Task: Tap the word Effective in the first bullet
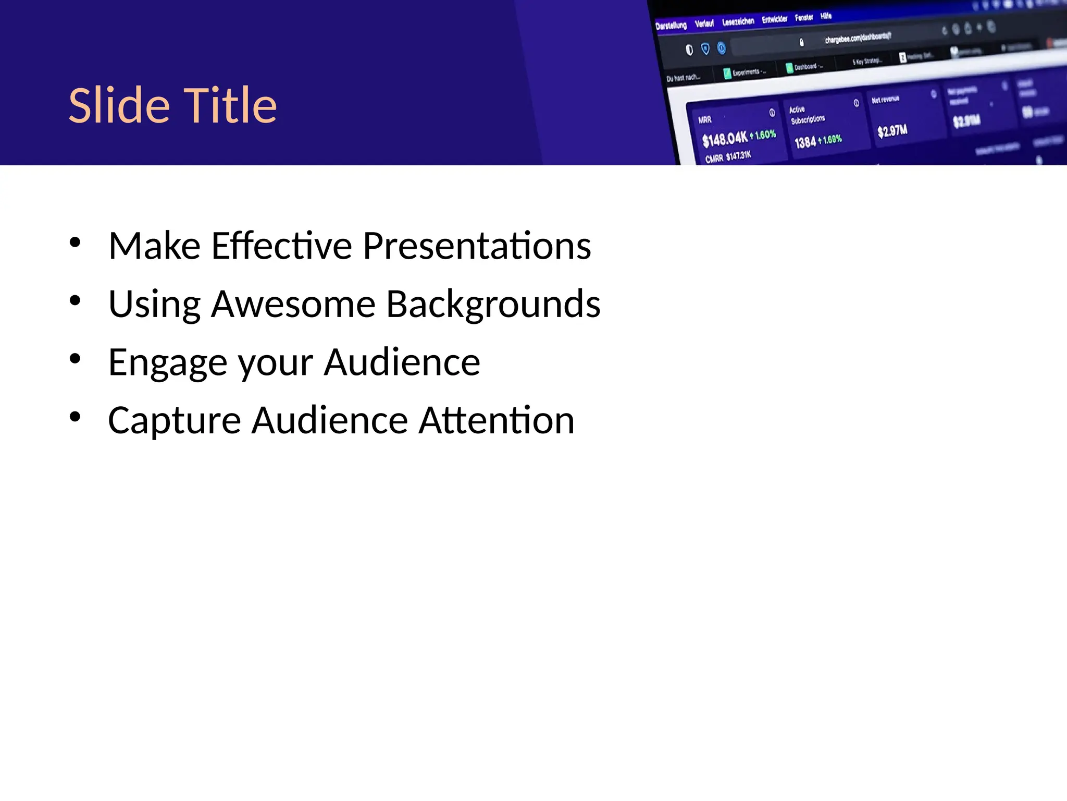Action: coord(282,246)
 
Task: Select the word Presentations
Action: coord(477,246)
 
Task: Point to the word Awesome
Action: coord(293,304)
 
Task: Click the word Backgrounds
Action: coord(493,304)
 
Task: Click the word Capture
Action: coord(175,421)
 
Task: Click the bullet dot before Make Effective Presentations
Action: coord(75,242)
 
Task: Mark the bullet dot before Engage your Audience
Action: coord(75,359)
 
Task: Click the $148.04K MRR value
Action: coord(725,139)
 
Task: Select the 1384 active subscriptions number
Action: coord(805,142)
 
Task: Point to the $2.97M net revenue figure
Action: coord(892,131)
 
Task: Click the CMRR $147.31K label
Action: coord(728,156)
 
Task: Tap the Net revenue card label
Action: coord(885,99)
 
